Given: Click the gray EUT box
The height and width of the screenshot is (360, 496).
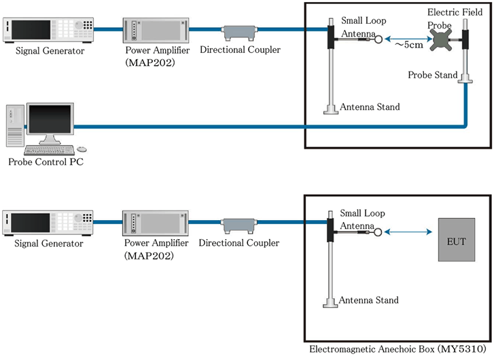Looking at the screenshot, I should [457, 240].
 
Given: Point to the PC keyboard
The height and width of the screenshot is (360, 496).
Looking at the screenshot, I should [49, 149].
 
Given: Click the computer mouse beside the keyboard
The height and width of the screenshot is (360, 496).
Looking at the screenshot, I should [82, 149].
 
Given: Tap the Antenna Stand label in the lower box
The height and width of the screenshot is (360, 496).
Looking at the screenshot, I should [369, 300].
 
